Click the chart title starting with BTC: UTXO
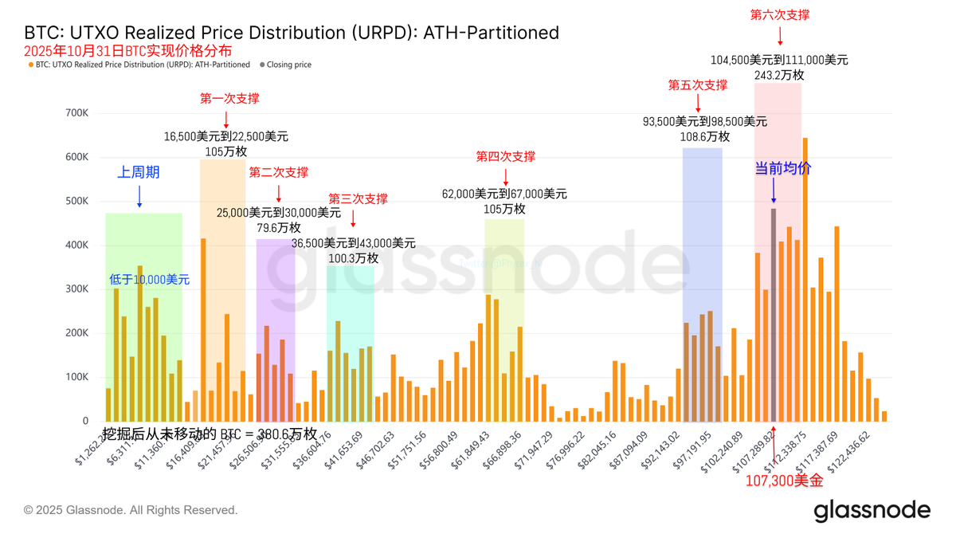pyautogui.click(x=292, y=33)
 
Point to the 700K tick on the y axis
pyautogui.click(x=76, y=113)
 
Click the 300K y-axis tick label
pyautogui.click(x=76, y=289)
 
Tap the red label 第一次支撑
pyautogui.click(x=229, y=99)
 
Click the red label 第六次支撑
pyautogui.click(x=780, y=14)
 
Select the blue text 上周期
pyautogui.click(x=139, y=172)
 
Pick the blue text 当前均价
pyautogui.click(x=783, y=169)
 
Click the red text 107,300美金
pyautogui.click(x=784, y=481)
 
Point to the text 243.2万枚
pyautogui.click(x=779, y=75)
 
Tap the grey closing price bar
pyautogui.click(x=774, y=315)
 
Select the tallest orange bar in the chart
pyautogui.click(x=805, y=279)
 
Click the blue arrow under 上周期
pyautogui.click(x=139, y=196)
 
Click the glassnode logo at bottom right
pyautogui.click(x=872, y=510)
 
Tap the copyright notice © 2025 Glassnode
pyautogui.click(x=131, y=510)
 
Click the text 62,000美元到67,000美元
pyautogui.click(x=504, y=194)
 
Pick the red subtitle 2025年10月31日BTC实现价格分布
pyautogui.click(x=128, y=50)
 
